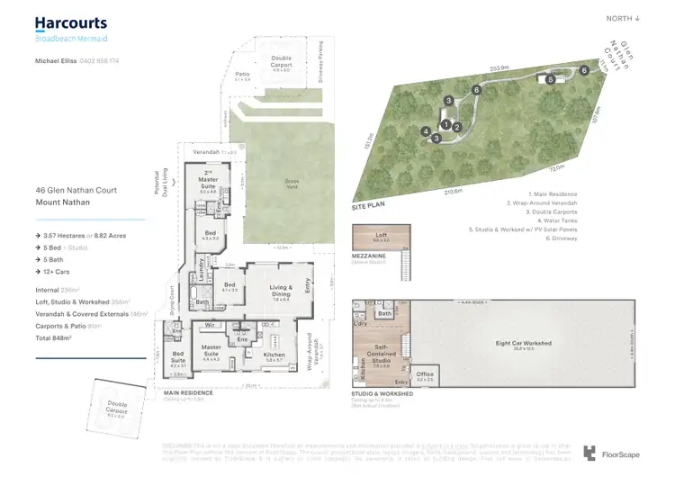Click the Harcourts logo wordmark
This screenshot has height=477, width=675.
tap(70, 23)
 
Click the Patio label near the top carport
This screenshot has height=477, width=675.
tap(241, 76)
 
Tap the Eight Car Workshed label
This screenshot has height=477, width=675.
tap(523, 343)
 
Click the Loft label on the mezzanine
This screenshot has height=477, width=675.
tap(382, 238)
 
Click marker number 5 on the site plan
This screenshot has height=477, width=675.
tap(550, 79)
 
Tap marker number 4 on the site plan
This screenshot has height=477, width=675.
tap(425, 131)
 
